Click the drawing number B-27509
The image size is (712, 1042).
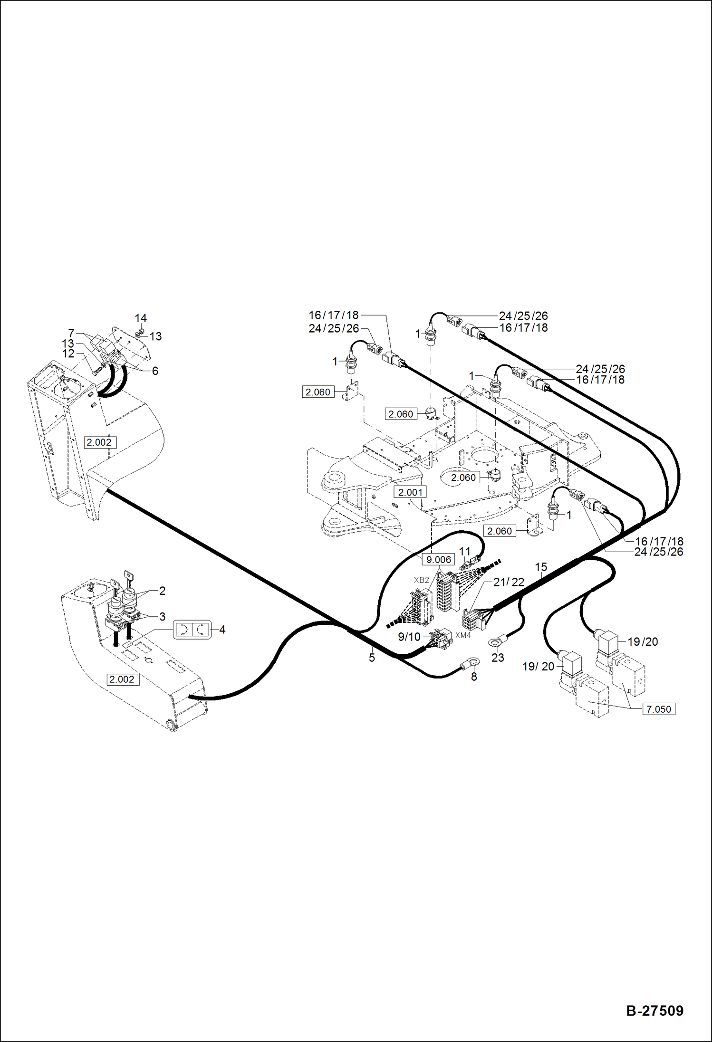(x=654, y=1010)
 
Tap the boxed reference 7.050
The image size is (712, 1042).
(x=659, y=709)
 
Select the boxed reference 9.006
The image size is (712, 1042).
(x=438, y=559)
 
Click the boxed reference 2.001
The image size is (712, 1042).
(x=410, y=492)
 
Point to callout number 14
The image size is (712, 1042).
(x=141, y=318)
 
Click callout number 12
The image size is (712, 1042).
(x=68, y=354)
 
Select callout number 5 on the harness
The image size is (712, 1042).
(x=372, y=658)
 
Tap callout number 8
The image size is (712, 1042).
(x=474, y=677)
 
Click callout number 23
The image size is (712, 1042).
(x=498, y=658)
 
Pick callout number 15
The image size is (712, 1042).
(x=541, y=567)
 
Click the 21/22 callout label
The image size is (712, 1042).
(x=509, y=582)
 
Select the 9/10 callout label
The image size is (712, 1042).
(x=409, y=637)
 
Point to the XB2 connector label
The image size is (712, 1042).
(x=422, y=580)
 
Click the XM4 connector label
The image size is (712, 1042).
(x=463, y=635)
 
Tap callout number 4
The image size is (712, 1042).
(x=222, y=630)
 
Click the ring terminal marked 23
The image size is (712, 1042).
(x=496, y=643)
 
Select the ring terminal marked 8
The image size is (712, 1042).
(x=471, y=661)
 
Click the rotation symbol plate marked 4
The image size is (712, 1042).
(x=192, y=630)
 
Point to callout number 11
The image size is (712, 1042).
(x=464, y=551)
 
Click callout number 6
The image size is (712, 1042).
(x=155, y=371)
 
